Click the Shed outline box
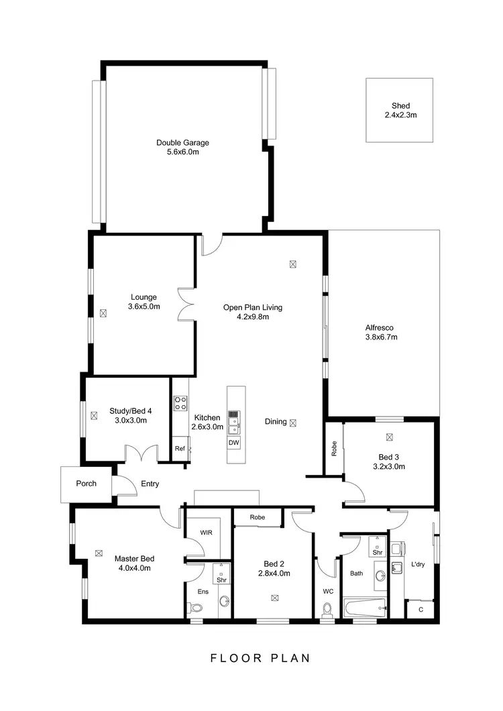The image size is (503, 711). pos(400,110)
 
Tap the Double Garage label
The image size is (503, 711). pos(183,142)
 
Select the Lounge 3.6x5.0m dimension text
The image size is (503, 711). pos(144,307)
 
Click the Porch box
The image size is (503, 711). pos(86,484)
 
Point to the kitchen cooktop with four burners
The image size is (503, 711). pos(180,403)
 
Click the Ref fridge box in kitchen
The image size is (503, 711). pos(180,449)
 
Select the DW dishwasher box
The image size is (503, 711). pos(233,443)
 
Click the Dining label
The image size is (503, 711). pos(276,422)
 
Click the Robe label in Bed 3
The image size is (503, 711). pos(334,449)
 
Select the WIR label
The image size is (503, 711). pos(206,533)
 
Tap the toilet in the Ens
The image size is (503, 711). pos(196,608)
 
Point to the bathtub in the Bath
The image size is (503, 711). pos(364,608)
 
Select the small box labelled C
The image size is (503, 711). pos(421,610)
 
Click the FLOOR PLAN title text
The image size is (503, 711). pos(260,658)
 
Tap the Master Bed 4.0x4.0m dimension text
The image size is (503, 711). pos(134,567)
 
